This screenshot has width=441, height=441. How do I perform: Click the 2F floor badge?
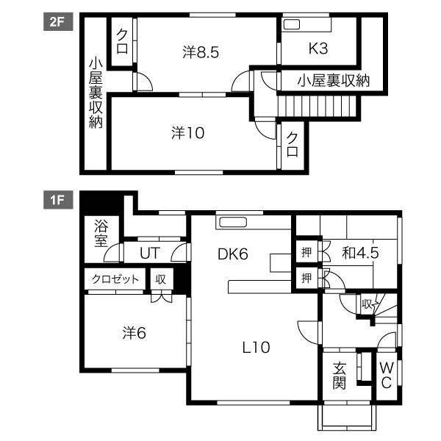(56, 22)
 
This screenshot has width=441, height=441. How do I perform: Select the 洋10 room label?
(187, 133)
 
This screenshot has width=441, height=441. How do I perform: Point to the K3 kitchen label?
(318, 50)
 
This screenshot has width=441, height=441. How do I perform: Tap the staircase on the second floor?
(317, 109)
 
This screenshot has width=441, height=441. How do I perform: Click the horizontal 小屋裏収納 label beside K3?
(333, 80)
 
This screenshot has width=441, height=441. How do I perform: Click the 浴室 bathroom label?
(101, 233)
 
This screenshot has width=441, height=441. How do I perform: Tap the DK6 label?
(233, 254)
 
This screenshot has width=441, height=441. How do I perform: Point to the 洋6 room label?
(134, 332)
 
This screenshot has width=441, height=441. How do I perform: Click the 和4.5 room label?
(360, 254)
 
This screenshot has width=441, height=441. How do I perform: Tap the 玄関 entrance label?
(339, 376)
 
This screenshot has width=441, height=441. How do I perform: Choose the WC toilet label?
(386, 376)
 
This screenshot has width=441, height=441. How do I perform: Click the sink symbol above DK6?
(233, 223)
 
